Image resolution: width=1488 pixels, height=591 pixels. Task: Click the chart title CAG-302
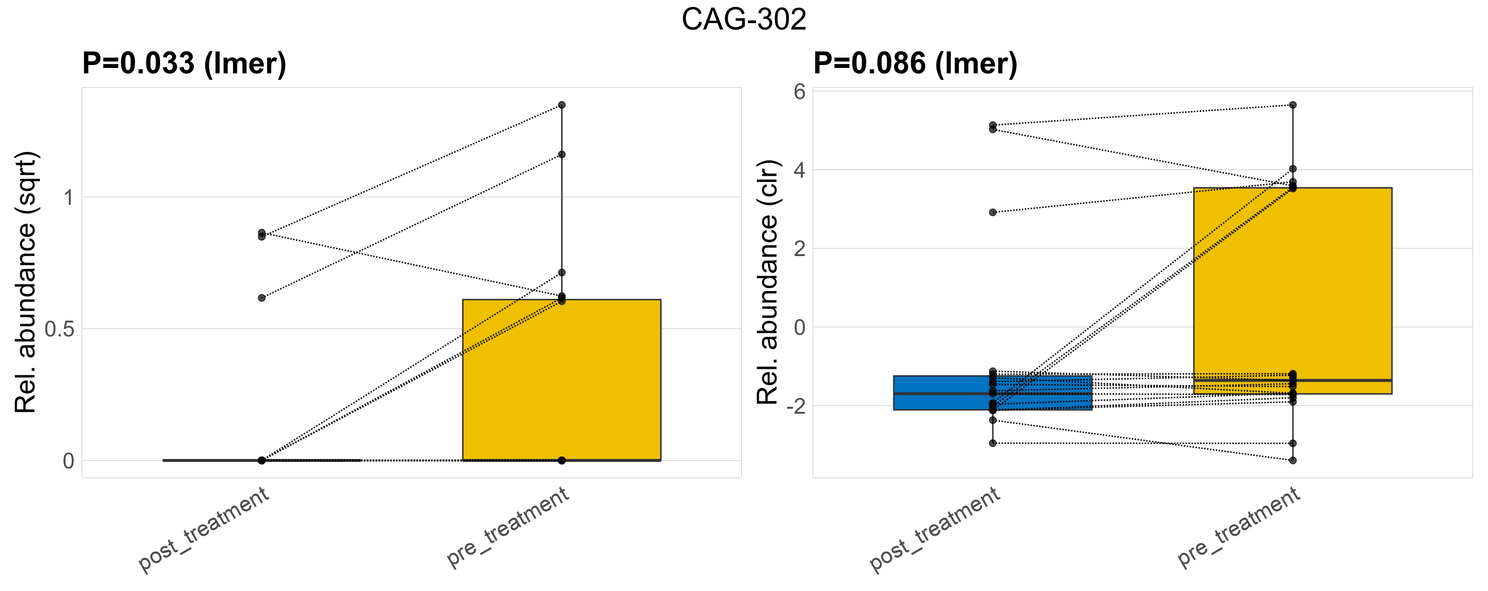(744, 20)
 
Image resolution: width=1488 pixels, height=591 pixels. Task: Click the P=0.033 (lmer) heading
(184, 64)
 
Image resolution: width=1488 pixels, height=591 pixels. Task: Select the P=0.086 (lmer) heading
(915, 64)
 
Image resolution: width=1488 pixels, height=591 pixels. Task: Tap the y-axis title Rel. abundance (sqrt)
(26, 282)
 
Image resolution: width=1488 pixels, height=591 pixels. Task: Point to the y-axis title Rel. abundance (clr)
(768, 282)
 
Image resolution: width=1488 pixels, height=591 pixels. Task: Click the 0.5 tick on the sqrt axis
(60, 329)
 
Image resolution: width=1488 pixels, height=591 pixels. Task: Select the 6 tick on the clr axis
(800, 92)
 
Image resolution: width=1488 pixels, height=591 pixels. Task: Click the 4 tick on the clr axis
(800, 170)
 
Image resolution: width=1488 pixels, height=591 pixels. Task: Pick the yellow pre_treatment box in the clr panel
(1293, 289)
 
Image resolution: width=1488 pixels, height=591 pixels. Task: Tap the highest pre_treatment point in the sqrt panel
(562, 105)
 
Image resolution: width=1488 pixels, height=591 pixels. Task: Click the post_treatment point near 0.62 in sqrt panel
(262, 298)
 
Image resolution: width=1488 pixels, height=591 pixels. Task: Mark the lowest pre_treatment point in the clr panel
(1293, 460)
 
